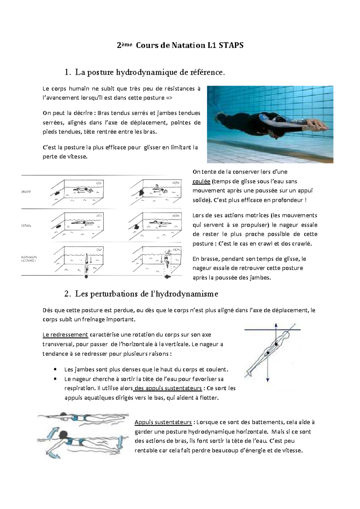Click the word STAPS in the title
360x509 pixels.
pos(231,45)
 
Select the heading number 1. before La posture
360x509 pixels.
pos(67,72)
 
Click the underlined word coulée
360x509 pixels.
pos(201,181)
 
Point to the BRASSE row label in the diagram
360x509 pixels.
pos(26,192)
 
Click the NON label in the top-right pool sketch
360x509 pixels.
pos(176,183)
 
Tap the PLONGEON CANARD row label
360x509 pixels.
pos(29,259)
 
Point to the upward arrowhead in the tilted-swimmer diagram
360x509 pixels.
pos(276,325)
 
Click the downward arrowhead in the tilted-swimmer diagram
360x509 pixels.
pos(268,380)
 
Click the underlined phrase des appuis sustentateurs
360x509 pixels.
pos(168,388)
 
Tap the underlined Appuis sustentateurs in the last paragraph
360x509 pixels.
pos(163,422)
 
